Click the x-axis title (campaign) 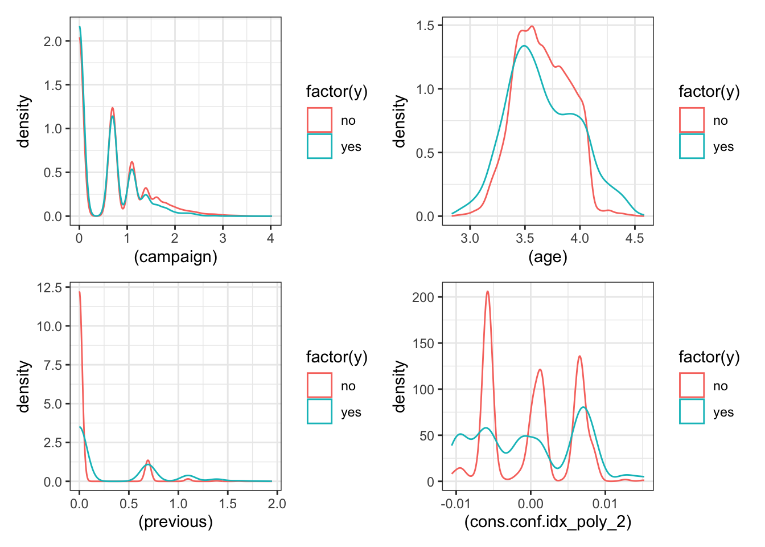pyautogui.click(x=175, y=257)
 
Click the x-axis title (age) pyautogui.click(x=548, y=257)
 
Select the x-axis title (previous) pyautogui.click(x=175, y=522)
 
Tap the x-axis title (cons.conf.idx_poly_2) pyautogui.click(x=548, y=522)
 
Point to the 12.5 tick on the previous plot pyautogui.click(x=49, y=288)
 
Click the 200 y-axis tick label pyautogui.click(x=423, y=297)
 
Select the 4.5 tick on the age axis pyautogui.click(x=635, y=238)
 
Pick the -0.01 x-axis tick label pyautogui.click(x=456, y=504)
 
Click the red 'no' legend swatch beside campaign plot pyautogui.click(x=319, y=120)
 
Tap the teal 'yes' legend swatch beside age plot pyautogui.click(x=692, y=146)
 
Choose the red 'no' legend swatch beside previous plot pyautogui.click(x=319, y=385)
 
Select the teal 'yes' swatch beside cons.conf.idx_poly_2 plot pyautogui.click(x=692, y=411)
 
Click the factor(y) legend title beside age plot pyautogui.click(x=709, y=92)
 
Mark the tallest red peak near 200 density pyautogui.click(x=487, y=291)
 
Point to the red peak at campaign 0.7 pyautogui.click(x=113, y=108)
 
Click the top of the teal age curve pyautogui.click(x=524, y=46)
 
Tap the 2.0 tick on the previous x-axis pyautogui.click(x=277, y=504)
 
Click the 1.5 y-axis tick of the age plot pyautogui.click(x=425, y=26)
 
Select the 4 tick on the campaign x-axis pyautogui.click(x=270, y=238)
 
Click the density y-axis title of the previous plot pyautogui.click(x=23, y=386)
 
